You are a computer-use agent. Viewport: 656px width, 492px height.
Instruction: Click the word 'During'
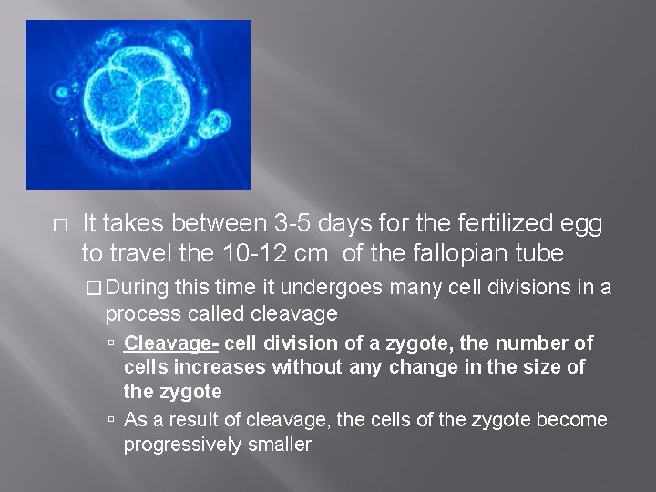[x=138, y=289]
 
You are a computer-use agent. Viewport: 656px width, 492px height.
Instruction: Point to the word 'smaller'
[x=280, y=445]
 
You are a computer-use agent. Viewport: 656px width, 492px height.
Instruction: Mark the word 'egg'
[x=583, y=223]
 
